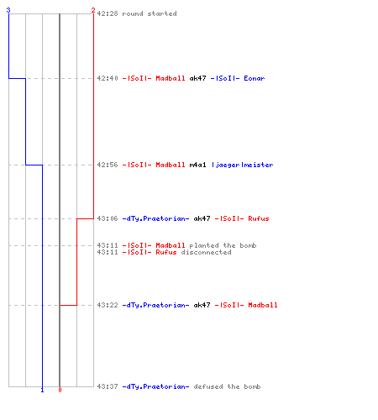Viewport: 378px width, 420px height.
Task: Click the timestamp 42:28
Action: pos(108,13)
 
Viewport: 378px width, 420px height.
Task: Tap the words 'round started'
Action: pos(150,13)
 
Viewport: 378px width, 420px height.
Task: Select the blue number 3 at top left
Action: pos(8,10)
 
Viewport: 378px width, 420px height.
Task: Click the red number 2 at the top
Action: pos(93,10)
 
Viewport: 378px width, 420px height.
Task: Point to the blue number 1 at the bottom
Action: pos(42,390)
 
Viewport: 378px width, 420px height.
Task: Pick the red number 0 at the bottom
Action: pos(60,390)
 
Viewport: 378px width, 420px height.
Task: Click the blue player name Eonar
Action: pos(255,78)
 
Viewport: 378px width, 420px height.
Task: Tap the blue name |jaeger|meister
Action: pos(243,165)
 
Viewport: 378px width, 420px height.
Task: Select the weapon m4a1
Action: pos(197,165)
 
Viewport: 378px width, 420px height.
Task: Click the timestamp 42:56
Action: pos(108,165)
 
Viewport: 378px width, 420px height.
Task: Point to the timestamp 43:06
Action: pos(108,218)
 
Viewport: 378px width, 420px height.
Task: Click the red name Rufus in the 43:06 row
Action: pos(259,218)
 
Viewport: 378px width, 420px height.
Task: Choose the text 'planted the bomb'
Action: pos(223,245)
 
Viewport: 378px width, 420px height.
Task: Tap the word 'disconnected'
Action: pos(206,252)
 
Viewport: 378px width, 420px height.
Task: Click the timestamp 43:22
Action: pos(108,305)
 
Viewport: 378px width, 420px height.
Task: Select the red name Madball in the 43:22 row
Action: pos(263,305)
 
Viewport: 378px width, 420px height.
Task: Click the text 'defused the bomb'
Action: pos(227,386)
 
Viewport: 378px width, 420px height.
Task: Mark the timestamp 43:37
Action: pos(108,386)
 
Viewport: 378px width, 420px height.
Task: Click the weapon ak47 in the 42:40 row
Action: pos(197,78)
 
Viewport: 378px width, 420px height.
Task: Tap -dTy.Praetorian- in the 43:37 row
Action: pos(155,386)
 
